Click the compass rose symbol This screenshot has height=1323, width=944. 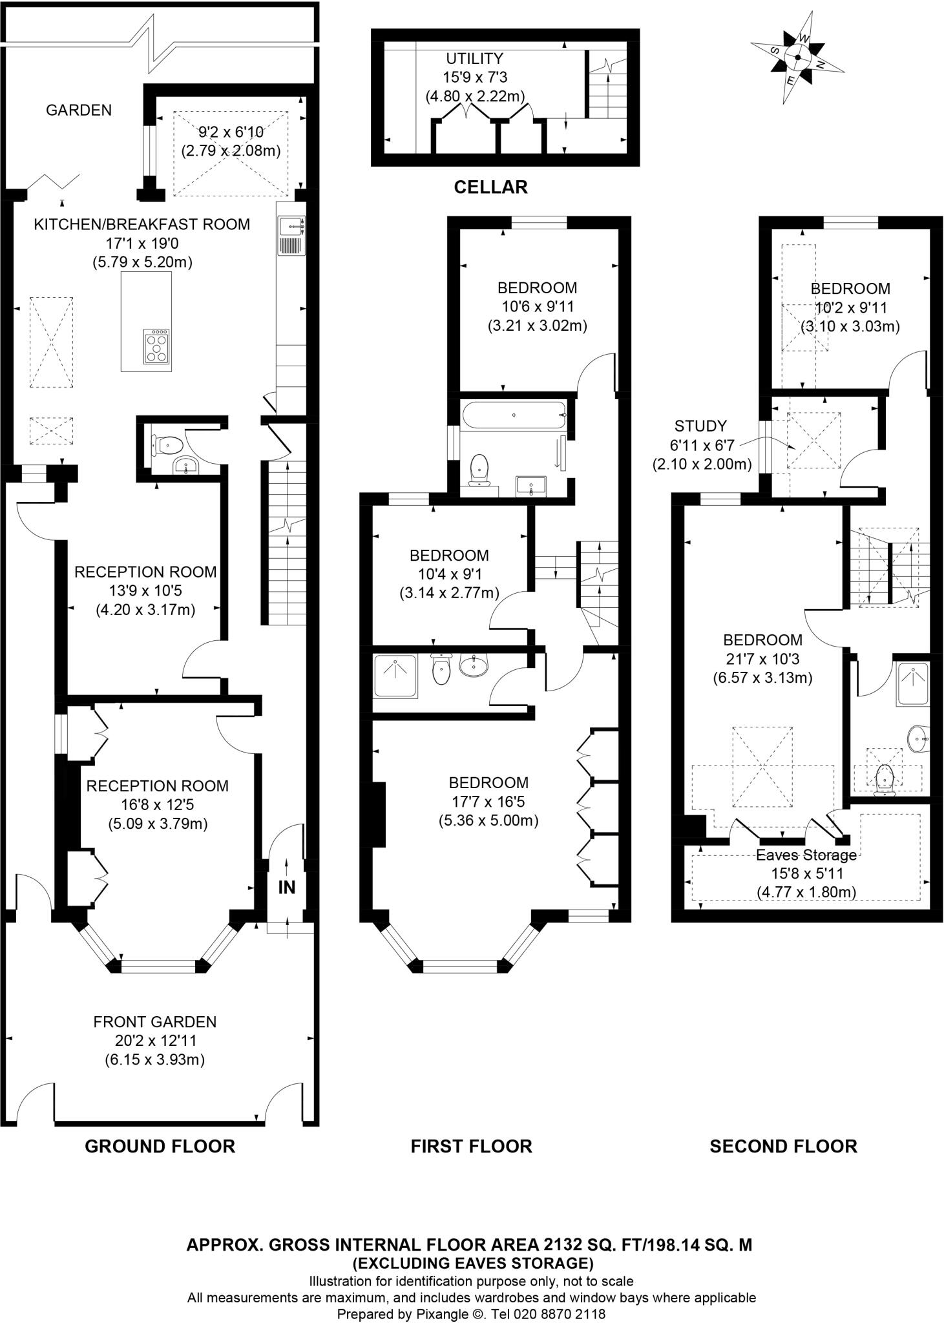pos(797,57)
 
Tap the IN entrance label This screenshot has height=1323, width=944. pos(286,888)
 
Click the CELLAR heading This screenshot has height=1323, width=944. pos(490,187)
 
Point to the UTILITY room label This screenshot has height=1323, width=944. pos(474,59)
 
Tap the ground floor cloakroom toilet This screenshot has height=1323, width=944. pos(169,444)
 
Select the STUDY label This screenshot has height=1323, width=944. pos(700,426)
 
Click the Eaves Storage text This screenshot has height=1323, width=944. pos(806,855)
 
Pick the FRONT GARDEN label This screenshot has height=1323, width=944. pos(154,1022)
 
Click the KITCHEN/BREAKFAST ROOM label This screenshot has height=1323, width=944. pos(142,225)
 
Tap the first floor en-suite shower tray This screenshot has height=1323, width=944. pos(395,676)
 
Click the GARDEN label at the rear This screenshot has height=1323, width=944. pos(78,110)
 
